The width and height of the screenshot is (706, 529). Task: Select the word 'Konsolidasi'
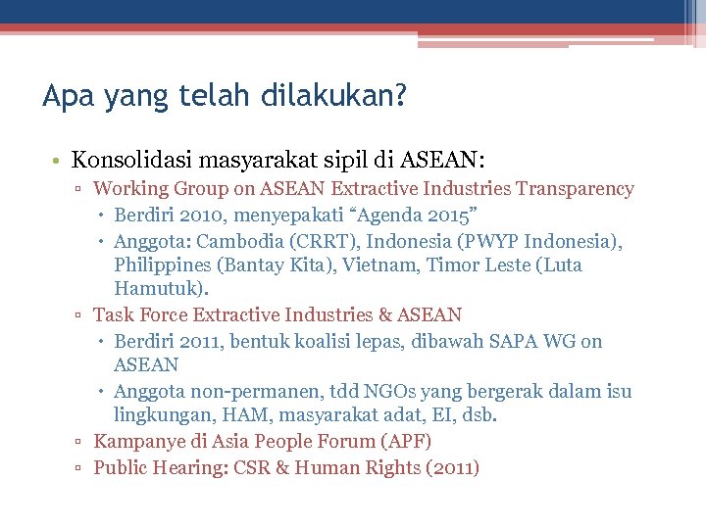pos(133,159)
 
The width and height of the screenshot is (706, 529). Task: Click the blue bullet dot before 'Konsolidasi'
pos(60,160)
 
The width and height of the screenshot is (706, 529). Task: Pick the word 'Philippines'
pos(162,265)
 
